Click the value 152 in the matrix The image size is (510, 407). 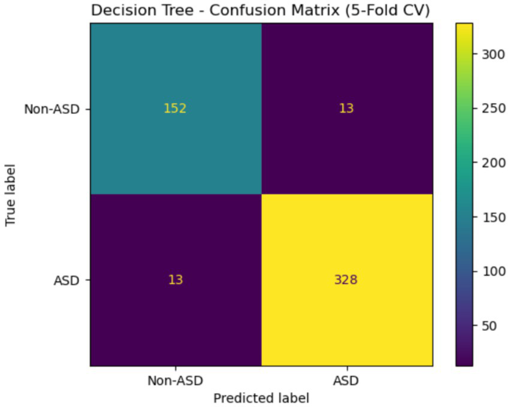point(176,109)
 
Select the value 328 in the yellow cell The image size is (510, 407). point(347,280)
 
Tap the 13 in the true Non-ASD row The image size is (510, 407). point(347,109)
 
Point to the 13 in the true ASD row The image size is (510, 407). point(176,280)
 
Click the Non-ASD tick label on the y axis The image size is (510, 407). point(52,109)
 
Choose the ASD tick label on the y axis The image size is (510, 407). point(66,280)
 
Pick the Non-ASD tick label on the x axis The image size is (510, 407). point(176,380)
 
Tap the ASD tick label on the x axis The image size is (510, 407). point(347,380)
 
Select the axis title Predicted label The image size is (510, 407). point(261,397)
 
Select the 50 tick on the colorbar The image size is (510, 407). point(490,325)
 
